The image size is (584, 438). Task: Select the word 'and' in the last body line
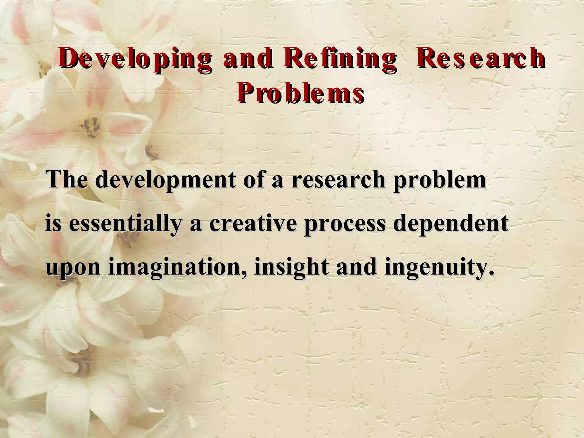tap(356, 267)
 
